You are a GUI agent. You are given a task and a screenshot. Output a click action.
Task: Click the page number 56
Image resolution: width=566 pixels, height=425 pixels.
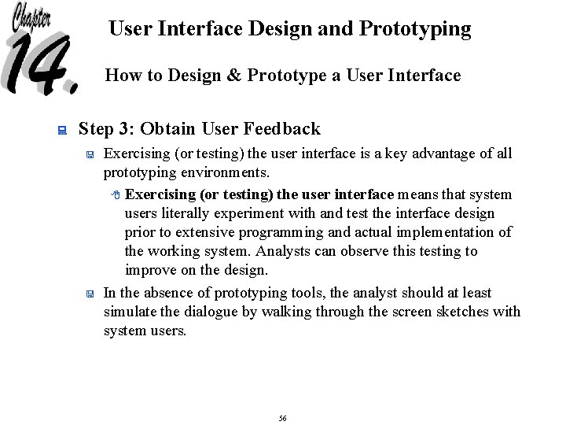282,418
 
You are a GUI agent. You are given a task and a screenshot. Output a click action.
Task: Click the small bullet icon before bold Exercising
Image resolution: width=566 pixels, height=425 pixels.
115,195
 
